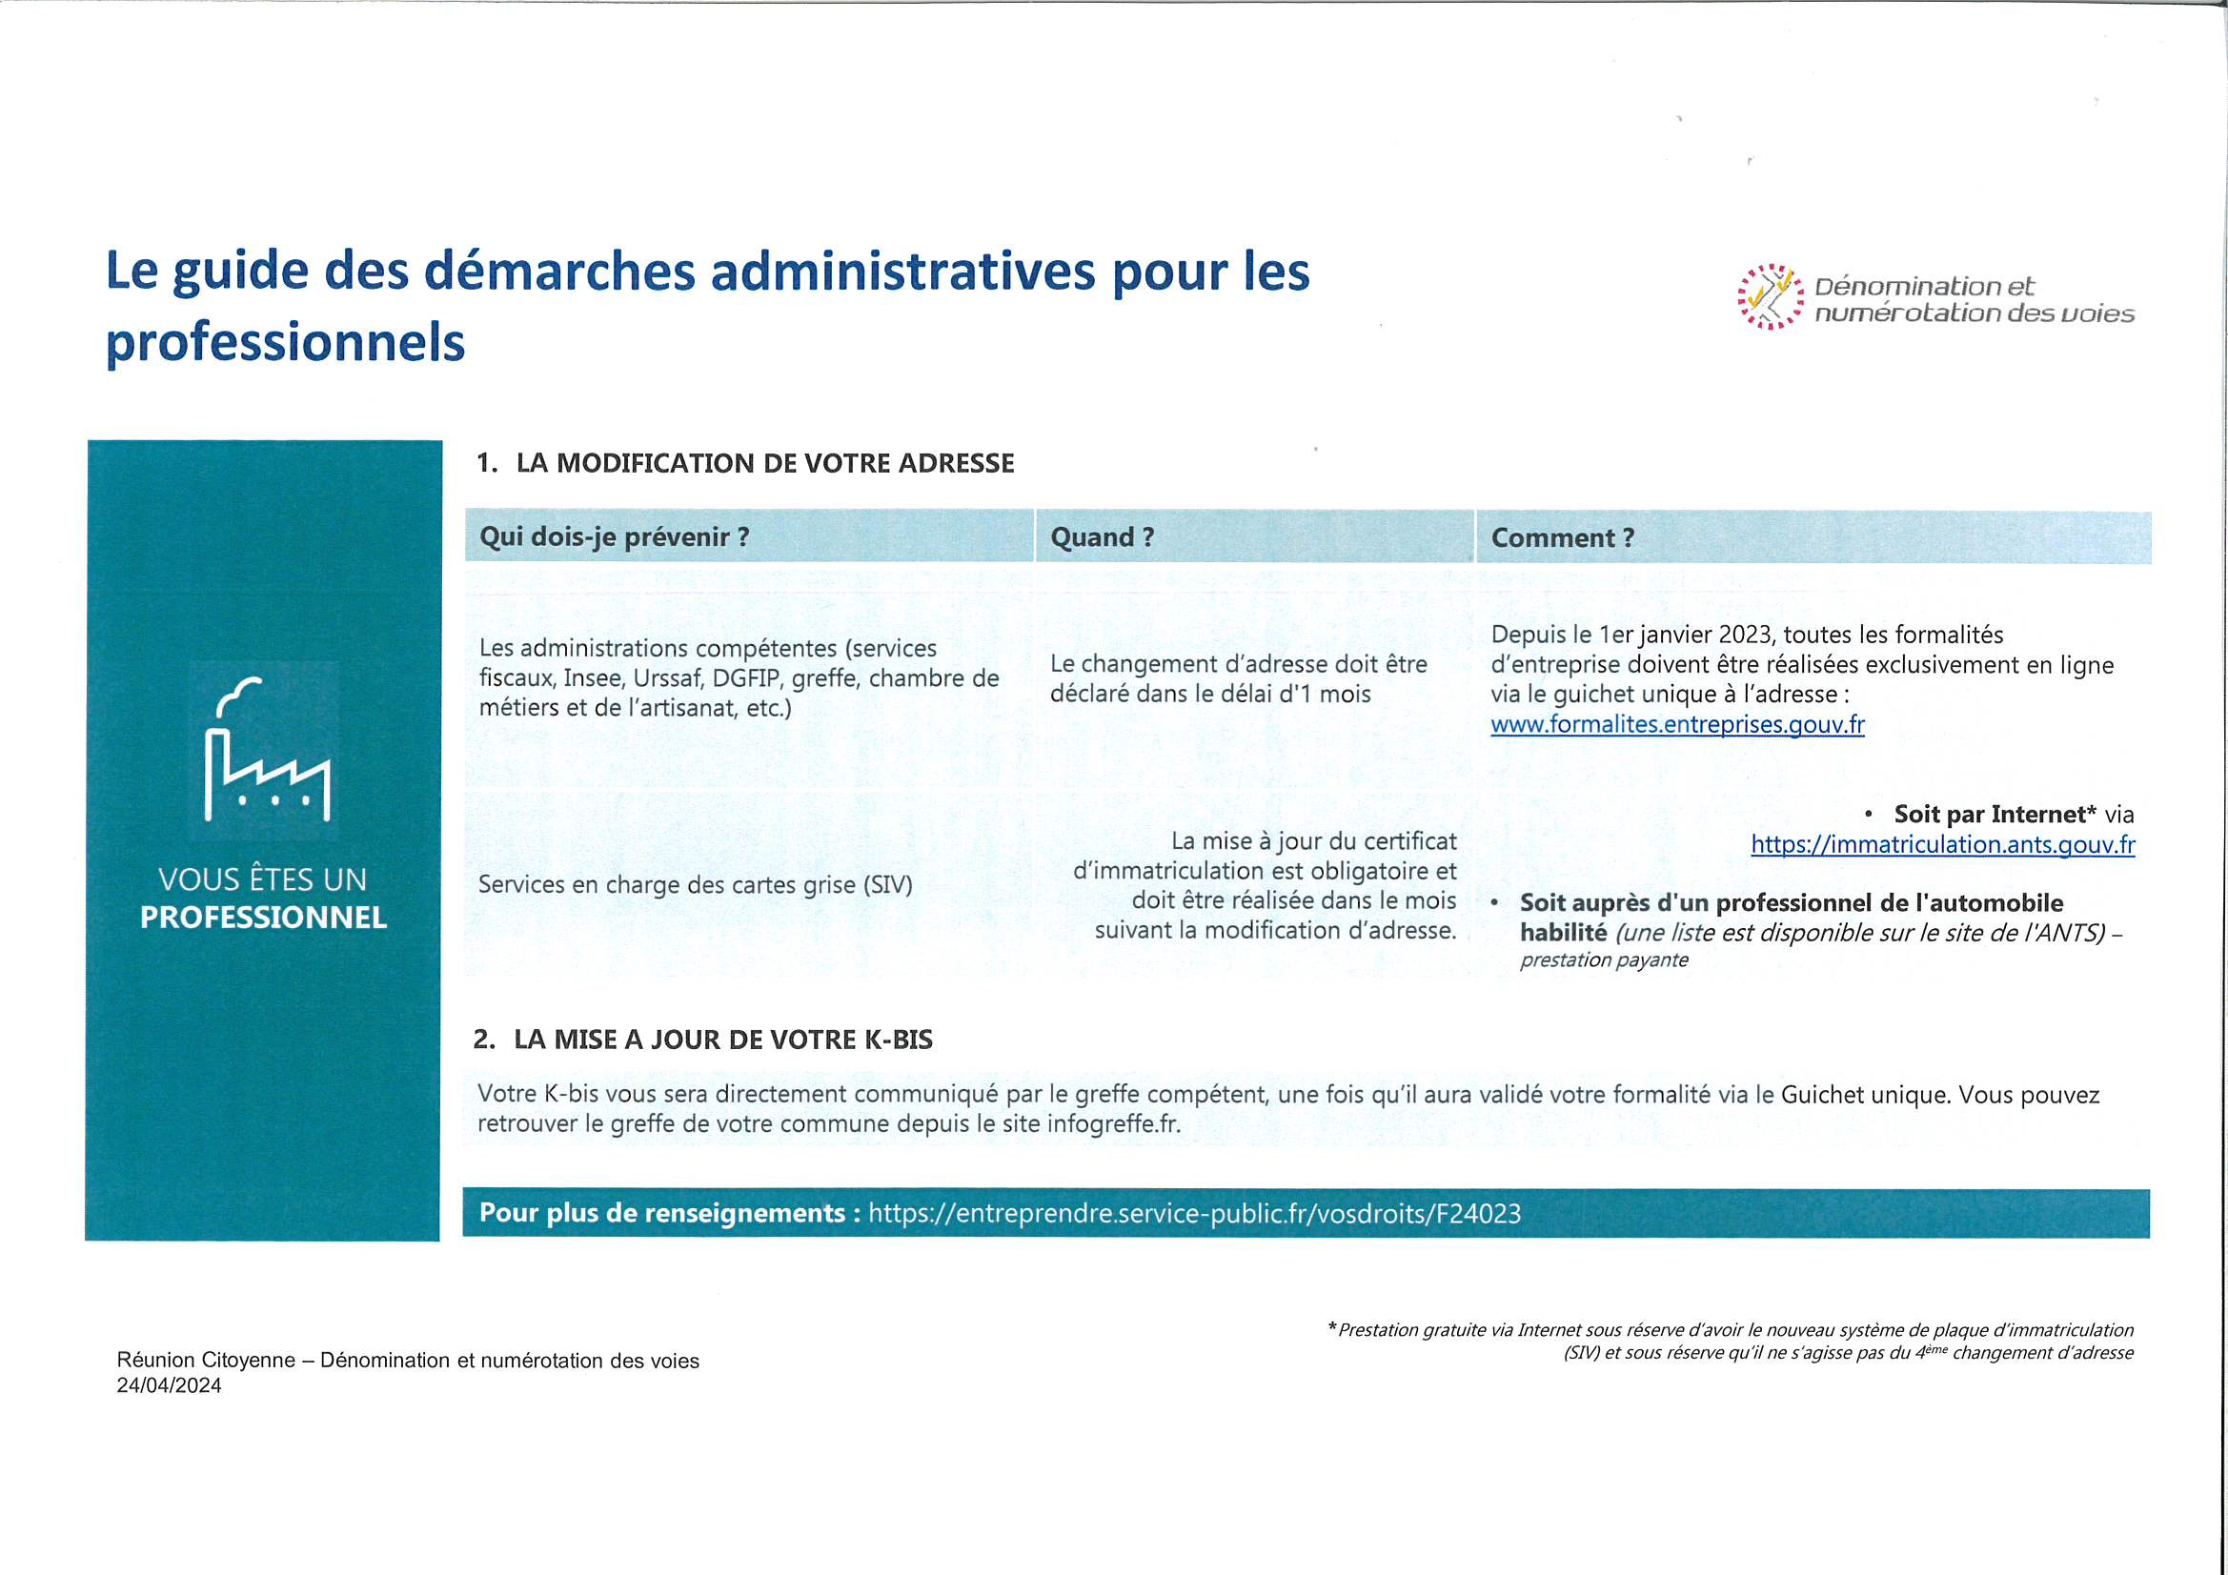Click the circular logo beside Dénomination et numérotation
(x=1770, y=297)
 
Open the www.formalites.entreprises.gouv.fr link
(x=1677, y=725)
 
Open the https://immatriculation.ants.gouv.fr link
(x=1943, y=844)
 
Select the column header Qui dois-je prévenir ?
(x=615, y=536)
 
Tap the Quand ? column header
(x=1103, y=536)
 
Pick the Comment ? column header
(x=1562, y=537)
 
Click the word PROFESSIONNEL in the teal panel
(x=263, y=918)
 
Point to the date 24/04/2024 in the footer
(x=169, y=1385)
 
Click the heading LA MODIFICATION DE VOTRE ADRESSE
(x=764, y=463)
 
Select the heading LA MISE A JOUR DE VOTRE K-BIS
(x=723, y=1040)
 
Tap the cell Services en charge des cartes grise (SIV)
(x=695, y=885)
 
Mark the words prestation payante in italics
(x=1604, y=959)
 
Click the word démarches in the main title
(x=560, y=271)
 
